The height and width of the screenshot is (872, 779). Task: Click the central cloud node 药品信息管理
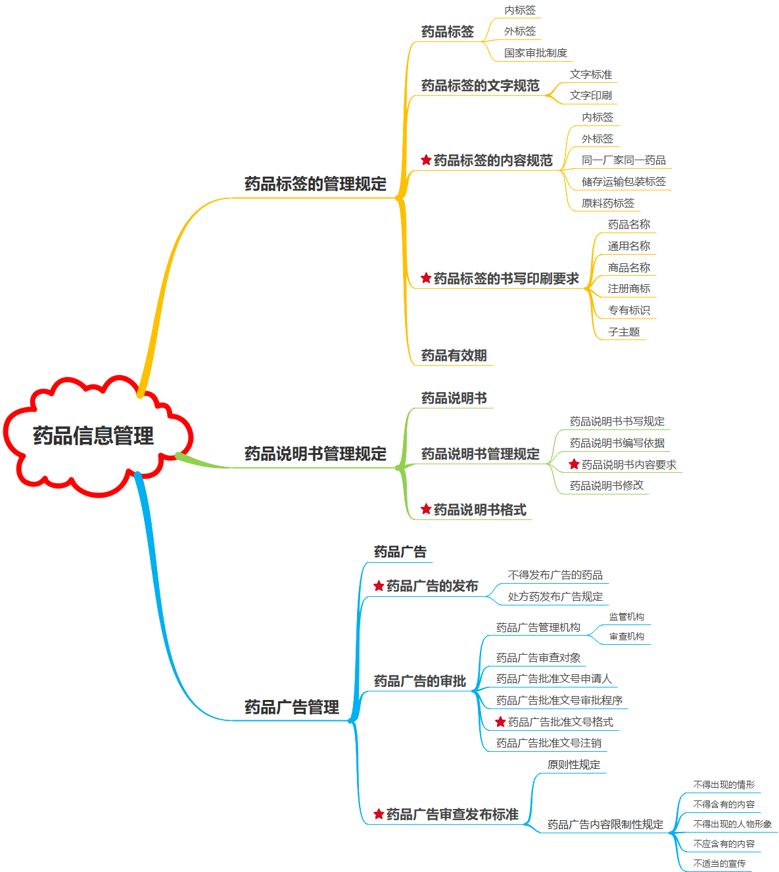(x=93, y=435)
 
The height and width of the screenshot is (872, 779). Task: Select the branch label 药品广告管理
(x=292, y=707)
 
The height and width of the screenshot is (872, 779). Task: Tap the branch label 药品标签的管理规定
(x=316, y=184)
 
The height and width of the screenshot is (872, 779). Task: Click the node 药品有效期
(x=454, y=355)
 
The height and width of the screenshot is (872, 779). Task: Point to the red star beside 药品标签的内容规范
(x=426, y=160)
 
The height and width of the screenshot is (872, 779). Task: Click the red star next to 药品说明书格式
(x=426, y=509)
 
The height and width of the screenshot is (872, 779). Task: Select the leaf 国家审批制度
(x=535, y=53)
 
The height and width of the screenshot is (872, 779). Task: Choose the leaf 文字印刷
(x=590, y=95)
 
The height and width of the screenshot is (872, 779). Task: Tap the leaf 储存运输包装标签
(x=623, y=181)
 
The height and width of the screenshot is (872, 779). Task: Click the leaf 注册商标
(x=628, y=288)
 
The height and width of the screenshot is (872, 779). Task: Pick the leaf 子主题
(x=623, y=332)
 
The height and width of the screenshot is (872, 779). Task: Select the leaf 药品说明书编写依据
(x=617, y=443)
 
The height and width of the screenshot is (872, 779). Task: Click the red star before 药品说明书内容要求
(x=574, y=464)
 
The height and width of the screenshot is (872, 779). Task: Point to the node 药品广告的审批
(x=419, y=681)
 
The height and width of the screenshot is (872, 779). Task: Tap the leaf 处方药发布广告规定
(x=555, y=596)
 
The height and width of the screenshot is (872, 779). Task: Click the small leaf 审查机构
(x=626, y=636)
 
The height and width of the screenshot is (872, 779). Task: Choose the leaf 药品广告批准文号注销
(x=548, y=743)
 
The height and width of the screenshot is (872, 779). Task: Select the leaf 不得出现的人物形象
(x=732, y=824)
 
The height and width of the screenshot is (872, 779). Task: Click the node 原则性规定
(x=573, y=764)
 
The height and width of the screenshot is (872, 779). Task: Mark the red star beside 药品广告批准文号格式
(x=500, y=722)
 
